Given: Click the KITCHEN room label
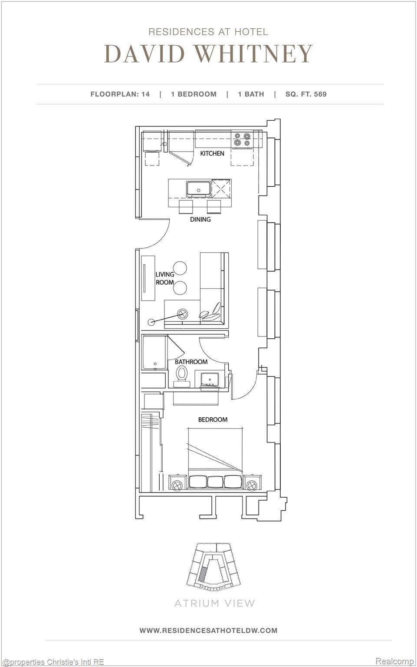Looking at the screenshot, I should [212, 153].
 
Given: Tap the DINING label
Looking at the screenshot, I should [200, 219].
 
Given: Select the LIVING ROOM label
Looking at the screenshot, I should [165, 278].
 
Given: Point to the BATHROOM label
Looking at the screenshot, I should [191, 362].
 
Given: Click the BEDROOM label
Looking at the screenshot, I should [213, 419].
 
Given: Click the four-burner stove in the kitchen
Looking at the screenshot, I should [242, 139].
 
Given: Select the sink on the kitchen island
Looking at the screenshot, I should [199, 189].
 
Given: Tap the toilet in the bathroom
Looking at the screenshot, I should [181, 375].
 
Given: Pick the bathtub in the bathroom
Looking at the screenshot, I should [154, 352].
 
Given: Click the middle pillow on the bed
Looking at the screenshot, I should [215, 482].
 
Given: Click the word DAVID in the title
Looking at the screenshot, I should [144, 54].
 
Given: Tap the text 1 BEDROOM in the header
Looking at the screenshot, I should [194, 94].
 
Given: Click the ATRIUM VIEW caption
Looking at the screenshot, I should [214, 603].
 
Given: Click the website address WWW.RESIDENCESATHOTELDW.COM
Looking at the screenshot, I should [208, 630].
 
